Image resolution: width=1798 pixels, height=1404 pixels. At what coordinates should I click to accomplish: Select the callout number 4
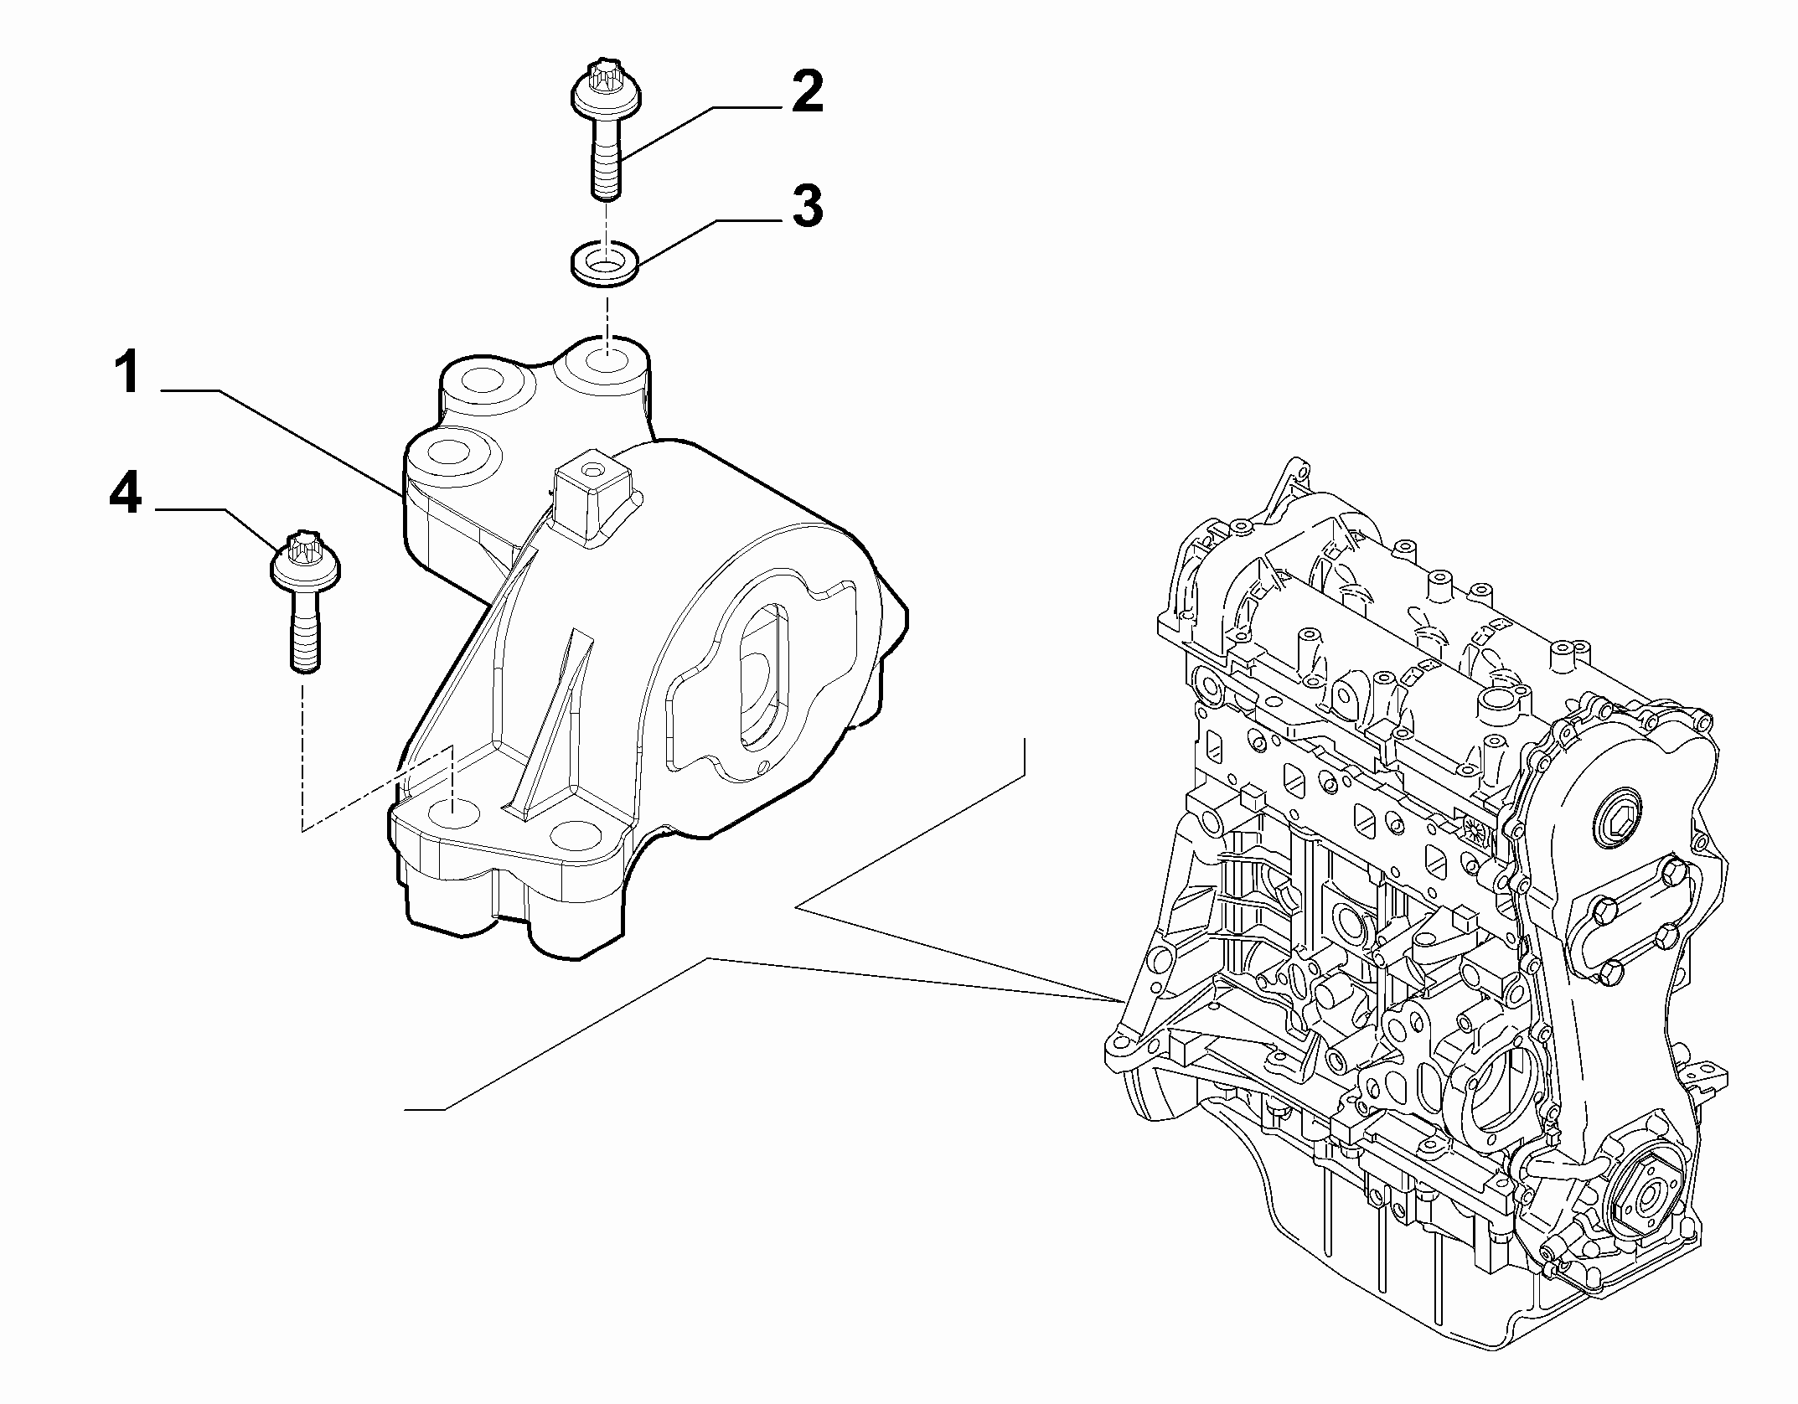[x=125, y=494]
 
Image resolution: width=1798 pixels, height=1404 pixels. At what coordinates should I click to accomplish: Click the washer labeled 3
[x=604, y=266]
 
